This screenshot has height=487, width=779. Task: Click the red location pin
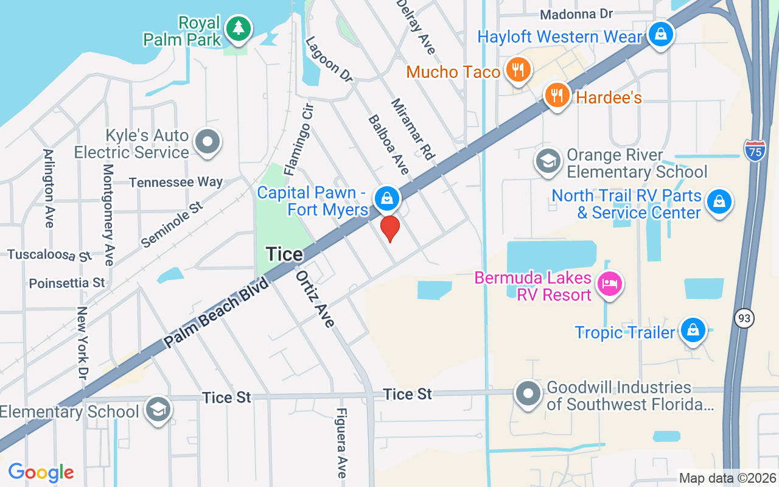[x=389, y=228]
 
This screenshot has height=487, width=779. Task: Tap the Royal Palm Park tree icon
[x=239, y=29]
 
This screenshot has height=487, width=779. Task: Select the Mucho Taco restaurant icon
[x=518, y=70]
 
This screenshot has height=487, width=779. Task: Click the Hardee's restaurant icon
[x=556, y=96]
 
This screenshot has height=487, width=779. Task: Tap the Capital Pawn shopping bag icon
[x=386, y=197]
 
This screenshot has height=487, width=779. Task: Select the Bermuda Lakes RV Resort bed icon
[x=610, y=283]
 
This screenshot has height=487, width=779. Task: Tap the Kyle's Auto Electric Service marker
[x=208, y=141]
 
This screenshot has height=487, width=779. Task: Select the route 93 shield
[x=744, y=318]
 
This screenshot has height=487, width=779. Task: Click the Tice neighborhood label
[x=284, y=254]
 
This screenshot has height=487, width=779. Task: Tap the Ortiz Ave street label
[x=315, y=299]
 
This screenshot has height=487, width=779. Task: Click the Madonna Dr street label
[x=576, y=14]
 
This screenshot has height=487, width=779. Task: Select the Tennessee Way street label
[x=176, y=182]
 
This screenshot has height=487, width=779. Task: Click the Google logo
[x=41, y=472]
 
